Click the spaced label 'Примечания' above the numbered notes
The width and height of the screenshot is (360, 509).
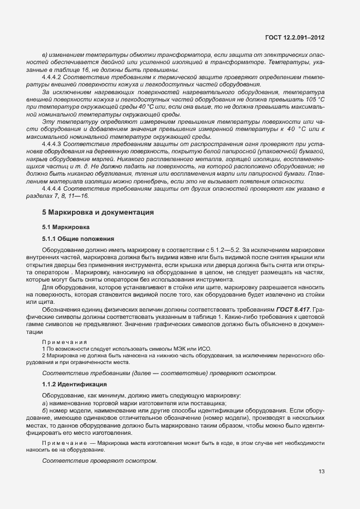click(61, 341)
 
